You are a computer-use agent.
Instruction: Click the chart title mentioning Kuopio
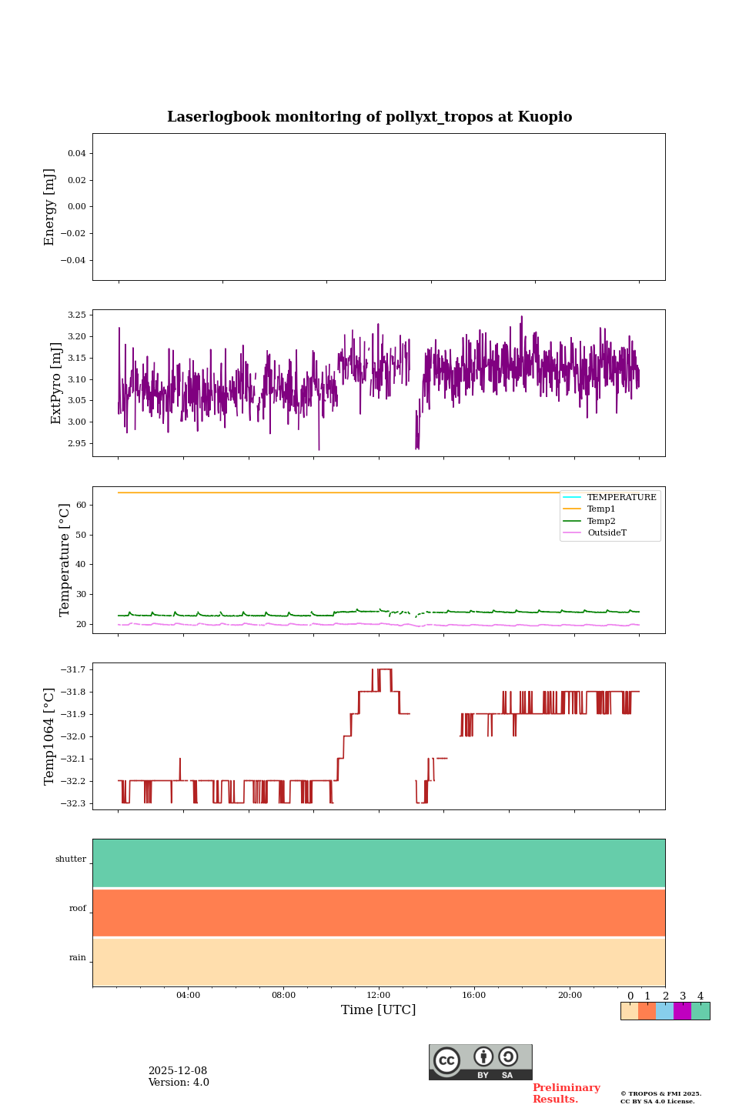[x=369, y=117]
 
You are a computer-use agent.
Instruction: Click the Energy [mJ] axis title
[x=50, y=207]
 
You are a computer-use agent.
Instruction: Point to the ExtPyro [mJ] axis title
[x=56, y=383]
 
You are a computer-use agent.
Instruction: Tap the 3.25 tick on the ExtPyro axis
[x=76, y=315]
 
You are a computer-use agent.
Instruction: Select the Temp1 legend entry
[x=601, y=509]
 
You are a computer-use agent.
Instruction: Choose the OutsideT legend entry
[x=607, y=533]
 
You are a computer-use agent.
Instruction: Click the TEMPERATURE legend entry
[x=621, y=498]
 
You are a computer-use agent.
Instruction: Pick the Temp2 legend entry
[x=601, y=522]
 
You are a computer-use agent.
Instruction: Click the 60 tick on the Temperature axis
[x=81, y=506]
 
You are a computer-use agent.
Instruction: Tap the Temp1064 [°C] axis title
[x=50, y=736]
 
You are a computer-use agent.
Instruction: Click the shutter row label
[x=71, y=859]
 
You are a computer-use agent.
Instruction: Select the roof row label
[x=78, y=909]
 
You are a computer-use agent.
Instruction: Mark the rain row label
[x=78, y=958]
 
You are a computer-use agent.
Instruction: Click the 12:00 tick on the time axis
[x=379, y=996]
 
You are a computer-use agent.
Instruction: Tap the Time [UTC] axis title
[x=379, y=1010]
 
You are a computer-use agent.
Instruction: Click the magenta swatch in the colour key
[x=682, y=1011]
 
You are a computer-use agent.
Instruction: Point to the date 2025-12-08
[x=178, y=1071]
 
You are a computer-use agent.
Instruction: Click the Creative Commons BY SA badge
[x=480, y=1062]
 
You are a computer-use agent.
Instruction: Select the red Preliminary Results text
[x=566, y=1093]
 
